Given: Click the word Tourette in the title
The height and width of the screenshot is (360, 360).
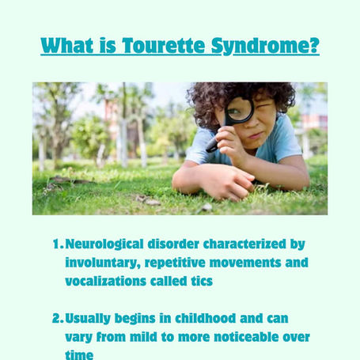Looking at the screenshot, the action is click(163, 45).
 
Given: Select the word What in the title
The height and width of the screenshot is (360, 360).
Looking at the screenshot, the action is click(67, 45).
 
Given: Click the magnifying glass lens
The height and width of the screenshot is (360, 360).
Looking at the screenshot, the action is click(240, 110).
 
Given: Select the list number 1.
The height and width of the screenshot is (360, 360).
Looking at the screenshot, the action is click(58, 244).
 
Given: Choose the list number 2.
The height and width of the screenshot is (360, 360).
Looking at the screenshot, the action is click(58, 318).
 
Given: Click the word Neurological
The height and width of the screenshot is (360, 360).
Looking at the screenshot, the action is click(104, 244).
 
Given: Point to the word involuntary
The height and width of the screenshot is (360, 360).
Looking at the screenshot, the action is click(103, 263).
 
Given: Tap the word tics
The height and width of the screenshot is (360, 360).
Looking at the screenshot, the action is click(202, 281).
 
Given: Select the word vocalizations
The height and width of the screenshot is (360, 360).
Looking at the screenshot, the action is click(105, 281).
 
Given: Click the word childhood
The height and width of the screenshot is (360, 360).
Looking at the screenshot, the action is click(206, 318).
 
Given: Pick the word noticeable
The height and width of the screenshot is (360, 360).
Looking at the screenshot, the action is click(246, 337).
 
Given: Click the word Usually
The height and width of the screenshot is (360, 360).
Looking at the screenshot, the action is click(88, 319).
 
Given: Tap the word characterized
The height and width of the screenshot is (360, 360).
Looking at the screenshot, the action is click(244, 244).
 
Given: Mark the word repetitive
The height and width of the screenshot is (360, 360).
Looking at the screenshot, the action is click(175, 263).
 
